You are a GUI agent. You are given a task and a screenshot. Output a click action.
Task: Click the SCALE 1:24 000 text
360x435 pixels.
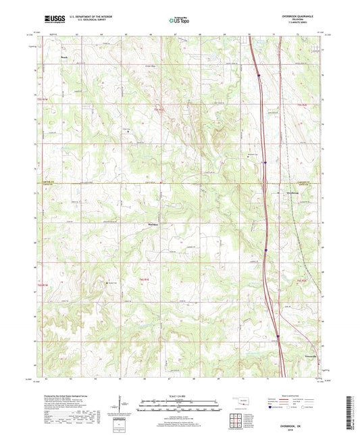point(180,396)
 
